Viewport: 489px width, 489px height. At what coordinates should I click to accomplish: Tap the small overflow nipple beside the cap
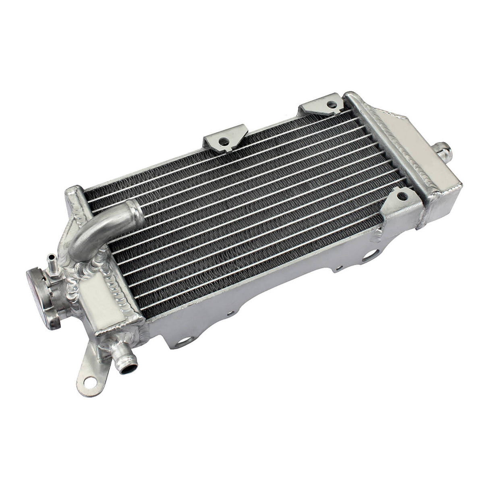pos(51,258)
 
